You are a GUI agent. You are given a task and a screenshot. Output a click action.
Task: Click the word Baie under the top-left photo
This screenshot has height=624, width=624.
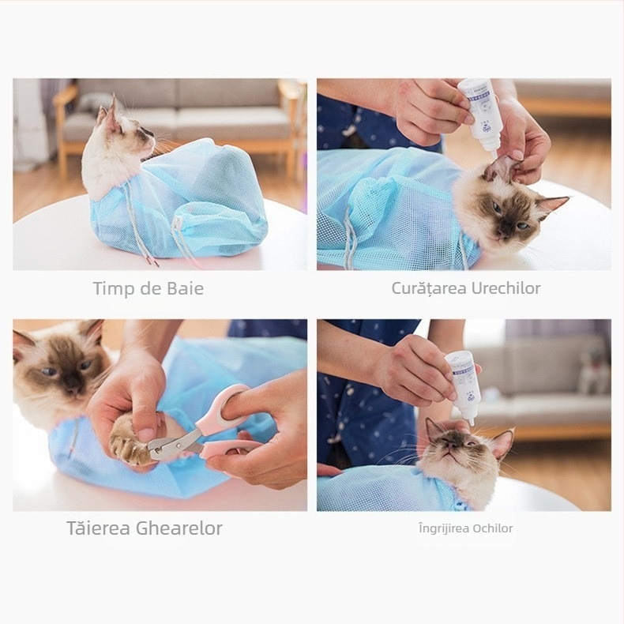pos(186,289)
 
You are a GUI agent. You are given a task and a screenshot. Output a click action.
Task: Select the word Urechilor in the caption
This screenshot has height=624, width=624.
pos(506,288)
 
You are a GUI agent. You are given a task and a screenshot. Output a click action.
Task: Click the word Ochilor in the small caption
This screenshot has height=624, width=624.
pos(492,528)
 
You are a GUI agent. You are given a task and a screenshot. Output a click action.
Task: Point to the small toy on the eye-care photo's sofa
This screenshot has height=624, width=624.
pos(594,371)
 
